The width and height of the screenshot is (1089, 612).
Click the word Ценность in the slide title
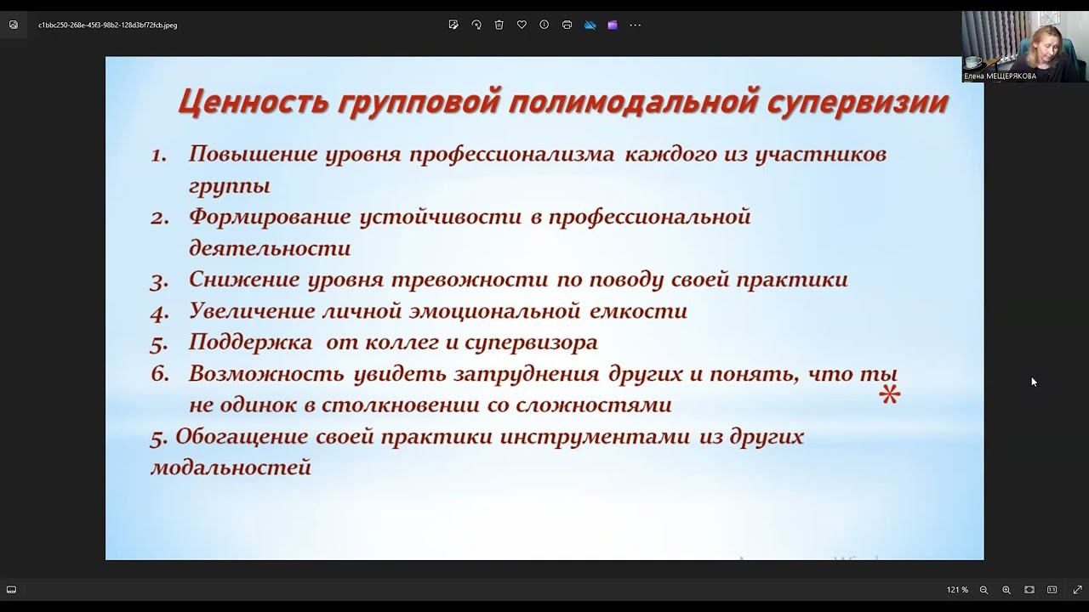tap(253, 102)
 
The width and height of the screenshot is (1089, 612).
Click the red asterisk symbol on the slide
tap(889, 394)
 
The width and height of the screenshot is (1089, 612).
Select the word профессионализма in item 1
tap(511, 155)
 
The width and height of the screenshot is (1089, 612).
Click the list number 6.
tap(159, 374)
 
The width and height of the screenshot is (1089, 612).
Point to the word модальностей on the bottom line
tap(231, 467)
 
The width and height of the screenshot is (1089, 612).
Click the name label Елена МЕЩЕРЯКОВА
tap(1000, 76)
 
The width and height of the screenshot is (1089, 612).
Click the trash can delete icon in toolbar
tap(499, 25)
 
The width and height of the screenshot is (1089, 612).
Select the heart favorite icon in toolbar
tap(522, 25)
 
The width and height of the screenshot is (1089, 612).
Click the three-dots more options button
tap(635, 25)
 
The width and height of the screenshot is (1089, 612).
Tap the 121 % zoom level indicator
tap(957, 590)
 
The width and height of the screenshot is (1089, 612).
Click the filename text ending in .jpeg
tap(107, 25)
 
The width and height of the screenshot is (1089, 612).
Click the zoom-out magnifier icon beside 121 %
tap(984, 590)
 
